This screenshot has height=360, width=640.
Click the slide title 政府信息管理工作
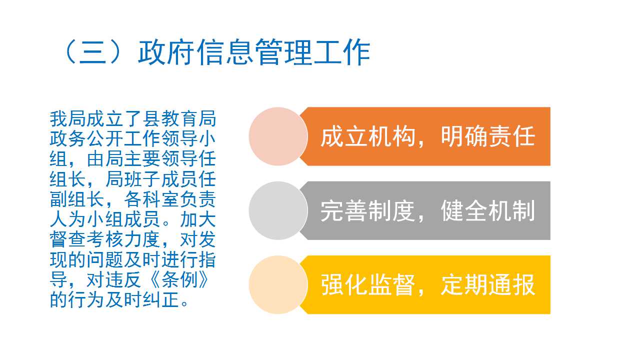[254, 52]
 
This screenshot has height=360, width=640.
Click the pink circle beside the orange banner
[278, 136]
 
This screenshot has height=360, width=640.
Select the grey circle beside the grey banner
[278, 210]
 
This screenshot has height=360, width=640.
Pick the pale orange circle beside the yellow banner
[278, 285]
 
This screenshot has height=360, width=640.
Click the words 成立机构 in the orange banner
[368, 137]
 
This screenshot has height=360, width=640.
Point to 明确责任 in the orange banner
[487, 137]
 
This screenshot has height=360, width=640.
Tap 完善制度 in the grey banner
[368, 211]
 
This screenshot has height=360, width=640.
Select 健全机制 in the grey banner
[487, 211]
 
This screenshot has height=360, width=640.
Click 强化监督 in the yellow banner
[368, 285]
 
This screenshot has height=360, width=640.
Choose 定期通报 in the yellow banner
[487, 285]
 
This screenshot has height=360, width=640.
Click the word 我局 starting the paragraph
[68, 119]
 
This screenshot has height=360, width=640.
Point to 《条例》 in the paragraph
[179, 279]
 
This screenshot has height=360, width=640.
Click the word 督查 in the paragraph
[68, 239]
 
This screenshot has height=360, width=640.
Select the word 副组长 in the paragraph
[77, 199]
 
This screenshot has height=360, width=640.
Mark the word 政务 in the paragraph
[68, 139]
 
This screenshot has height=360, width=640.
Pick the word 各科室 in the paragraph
[151, 199]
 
